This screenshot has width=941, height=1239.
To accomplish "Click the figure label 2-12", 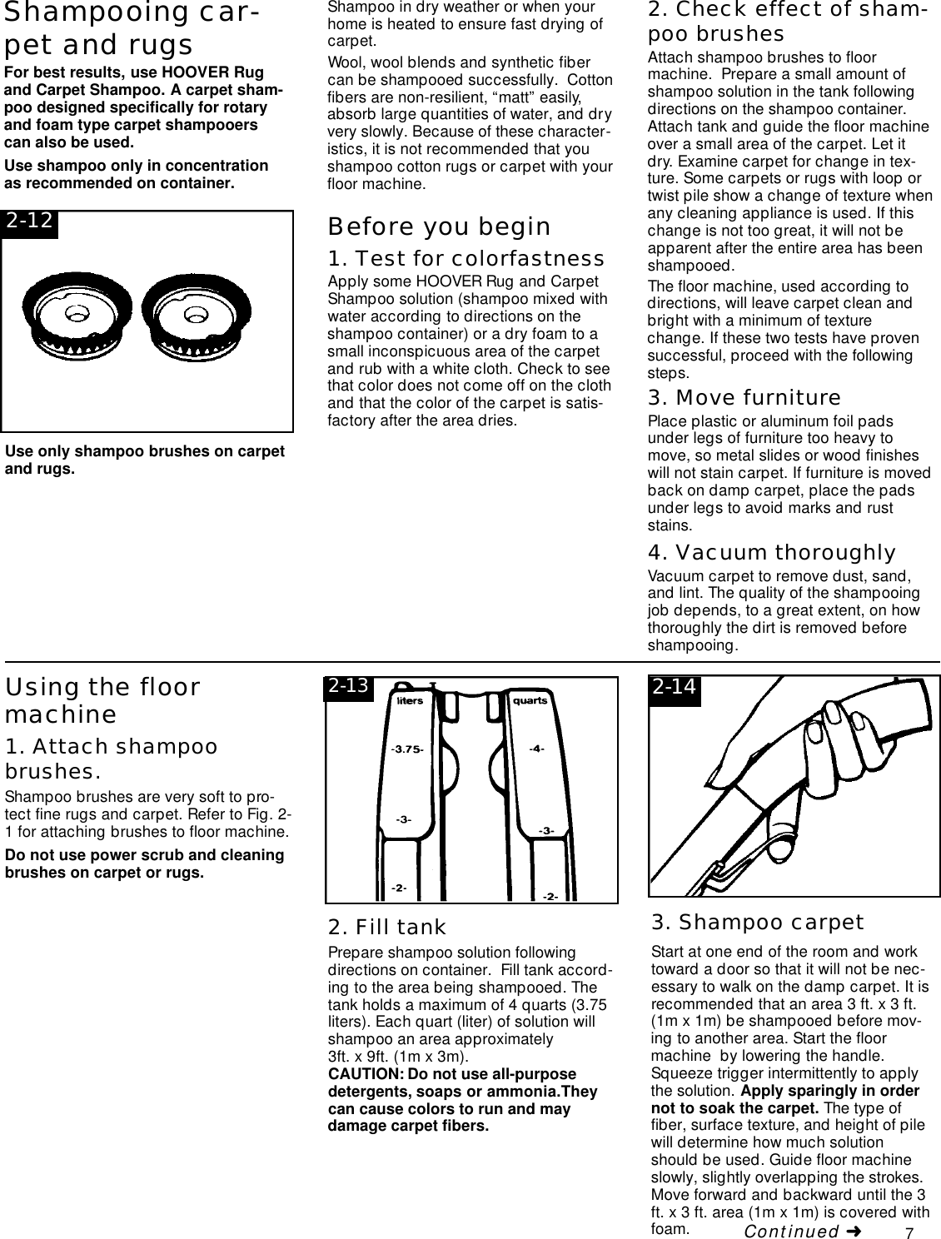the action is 30,221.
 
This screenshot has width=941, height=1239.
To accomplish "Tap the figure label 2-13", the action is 348,687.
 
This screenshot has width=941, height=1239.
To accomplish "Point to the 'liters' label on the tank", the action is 410,701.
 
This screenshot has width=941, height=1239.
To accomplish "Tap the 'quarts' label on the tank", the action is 530,701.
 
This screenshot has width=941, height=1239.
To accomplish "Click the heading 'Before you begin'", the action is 439,226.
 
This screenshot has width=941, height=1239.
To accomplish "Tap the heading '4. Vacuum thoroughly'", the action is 771,553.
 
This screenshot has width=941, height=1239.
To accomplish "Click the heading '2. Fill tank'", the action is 387,927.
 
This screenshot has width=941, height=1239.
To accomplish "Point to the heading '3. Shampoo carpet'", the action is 757,923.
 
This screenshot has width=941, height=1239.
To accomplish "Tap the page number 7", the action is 910,1232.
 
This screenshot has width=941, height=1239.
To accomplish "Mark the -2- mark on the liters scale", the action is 399,888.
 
